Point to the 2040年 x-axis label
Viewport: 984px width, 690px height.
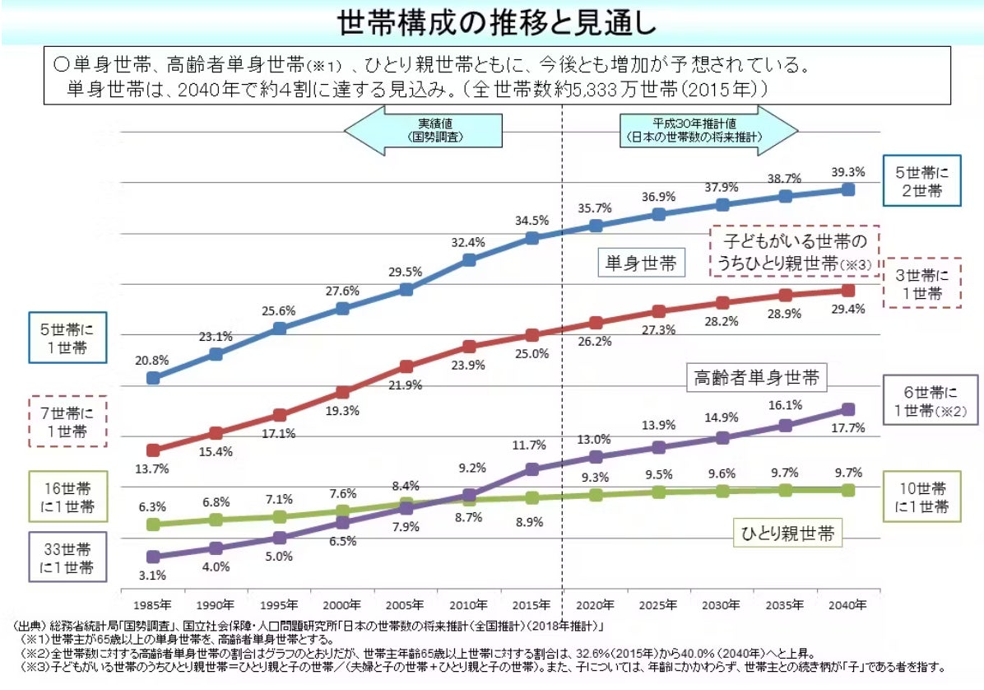coord(848,604)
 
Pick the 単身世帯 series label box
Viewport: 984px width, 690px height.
coord(641,263)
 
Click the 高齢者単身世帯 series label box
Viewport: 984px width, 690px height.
coord(756,378)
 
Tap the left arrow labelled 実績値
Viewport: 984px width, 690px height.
coord(424,130)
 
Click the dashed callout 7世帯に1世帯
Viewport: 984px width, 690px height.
coord(67,421)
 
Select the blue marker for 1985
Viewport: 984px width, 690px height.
coord(153,378)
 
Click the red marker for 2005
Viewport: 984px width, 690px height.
coord(406,366)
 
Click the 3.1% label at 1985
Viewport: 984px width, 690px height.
coord(153,575)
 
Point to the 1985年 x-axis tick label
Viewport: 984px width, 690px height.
coord(153,604)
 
